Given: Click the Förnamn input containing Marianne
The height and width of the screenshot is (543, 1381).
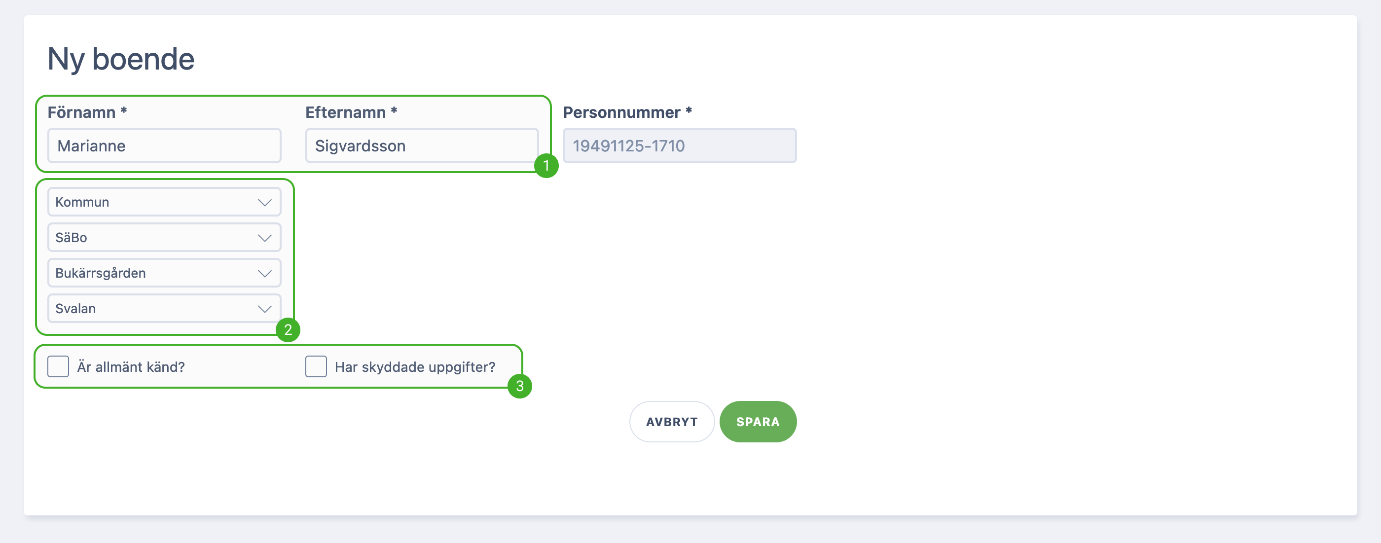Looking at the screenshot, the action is pyautogui.click(x=164, y=145).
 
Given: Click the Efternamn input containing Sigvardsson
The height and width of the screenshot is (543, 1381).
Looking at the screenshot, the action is pyautogui.click(x=422, y=145).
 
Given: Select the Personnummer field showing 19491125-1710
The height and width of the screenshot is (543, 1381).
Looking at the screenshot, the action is pyautogui.click(x=679, y=145).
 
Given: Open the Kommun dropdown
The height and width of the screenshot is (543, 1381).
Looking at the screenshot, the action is pyautogui.click(x=164, y=202).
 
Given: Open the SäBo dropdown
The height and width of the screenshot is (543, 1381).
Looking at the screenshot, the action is pyautogui.click(x=164, y=237).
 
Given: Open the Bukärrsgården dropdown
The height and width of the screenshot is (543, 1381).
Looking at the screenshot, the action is pyautogui.click(x=164, y=273).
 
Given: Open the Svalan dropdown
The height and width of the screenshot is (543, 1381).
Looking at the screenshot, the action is pyautogui.click(x=164, y=308).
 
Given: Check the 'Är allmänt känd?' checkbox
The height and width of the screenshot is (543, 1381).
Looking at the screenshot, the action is pyautogui.click(x=58, y=366).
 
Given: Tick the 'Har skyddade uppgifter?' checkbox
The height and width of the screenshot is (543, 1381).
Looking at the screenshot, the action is pyautogui.click(x=316, y=366).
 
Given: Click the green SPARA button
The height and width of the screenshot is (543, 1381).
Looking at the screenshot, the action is pyautogui.click(x=758, y=422).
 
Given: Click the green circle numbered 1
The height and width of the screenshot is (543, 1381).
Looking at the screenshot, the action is pyautogui.click(x=546, y=166).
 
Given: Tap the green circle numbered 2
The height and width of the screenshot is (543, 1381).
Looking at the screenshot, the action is pyautogui.click(x=288, y=329).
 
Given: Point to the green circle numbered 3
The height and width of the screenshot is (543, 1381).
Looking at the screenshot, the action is pyautogui.click(x=519, y=386).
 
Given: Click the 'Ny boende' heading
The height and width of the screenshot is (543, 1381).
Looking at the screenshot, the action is pyautogui.click(x=121, y=59).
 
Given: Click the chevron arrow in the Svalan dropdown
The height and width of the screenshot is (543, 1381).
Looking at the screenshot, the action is pyautogui.click(x=264, y=309).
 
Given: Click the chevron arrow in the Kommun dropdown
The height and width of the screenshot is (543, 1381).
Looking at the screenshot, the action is pyautogui.click(x=264, y=203).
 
